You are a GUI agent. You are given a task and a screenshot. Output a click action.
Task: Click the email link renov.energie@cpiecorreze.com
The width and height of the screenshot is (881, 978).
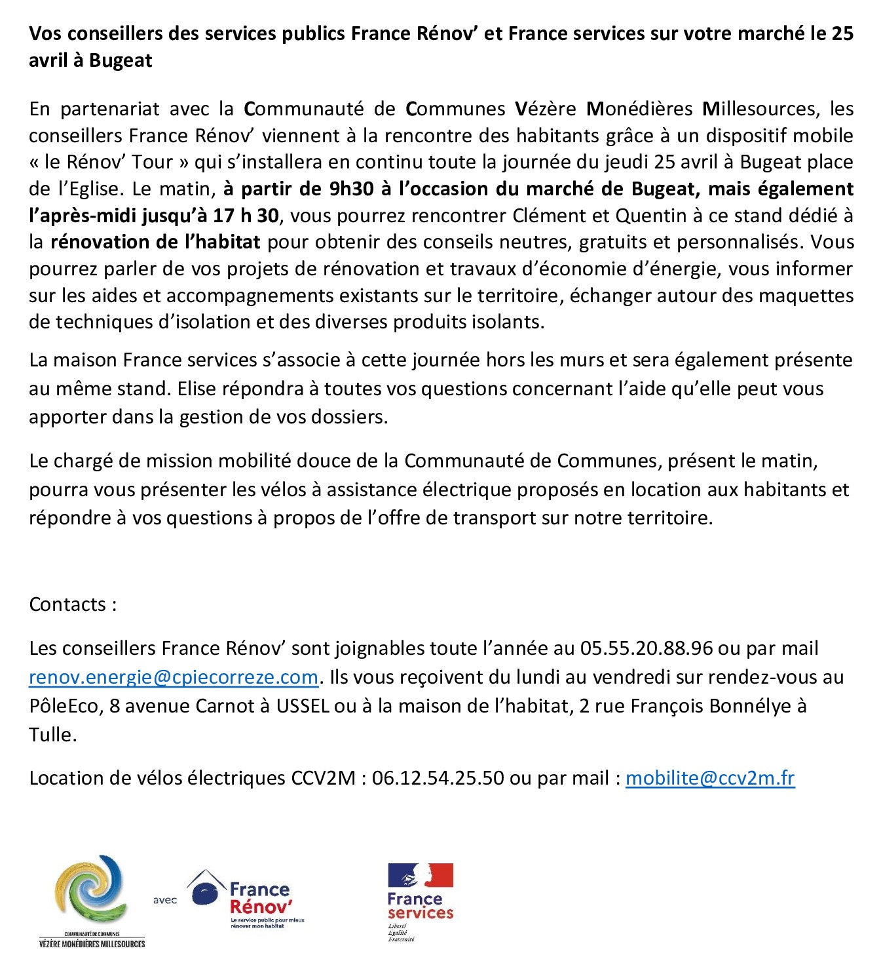pyautogui.click(x=174, y=677)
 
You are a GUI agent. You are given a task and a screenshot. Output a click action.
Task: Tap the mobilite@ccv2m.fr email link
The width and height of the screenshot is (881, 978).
pyautogui.click(x=710, y=778)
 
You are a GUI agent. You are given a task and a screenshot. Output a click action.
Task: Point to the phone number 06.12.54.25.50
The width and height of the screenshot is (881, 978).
pyautogui.click(x=438, y=778)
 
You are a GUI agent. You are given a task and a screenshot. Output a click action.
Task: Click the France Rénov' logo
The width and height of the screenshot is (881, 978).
pyautogui.click(x=246, y=899)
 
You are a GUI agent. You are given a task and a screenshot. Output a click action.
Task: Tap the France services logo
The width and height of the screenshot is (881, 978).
pyautogui.click(x=420, y=902)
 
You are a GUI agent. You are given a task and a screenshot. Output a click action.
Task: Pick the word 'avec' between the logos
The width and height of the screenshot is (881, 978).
pyautogui.click(x=165, y=900)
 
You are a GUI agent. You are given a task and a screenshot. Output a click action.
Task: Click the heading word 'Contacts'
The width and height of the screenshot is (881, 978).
pyautogui.click(x=67, y=604)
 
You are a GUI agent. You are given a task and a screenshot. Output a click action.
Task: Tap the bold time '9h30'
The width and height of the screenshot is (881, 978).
pyautogui.click(x=351, y=189)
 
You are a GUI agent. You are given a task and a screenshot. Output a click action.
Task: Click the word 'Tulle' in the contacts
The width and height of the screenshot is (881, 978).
pyautogui.click(x=51, y=735)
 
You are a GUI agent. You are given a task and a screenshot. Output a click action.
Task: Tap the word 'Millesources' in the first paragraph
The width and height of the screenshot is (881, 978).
pyautogui.click(x=759, y=109)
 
